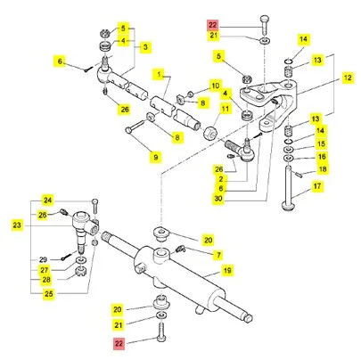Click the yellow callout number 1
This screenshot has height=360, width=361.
tap(159, 74)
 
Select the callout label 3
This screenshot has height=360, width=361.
tap(145, 46)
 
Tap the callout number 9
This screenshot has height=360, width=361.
tap(156, 157)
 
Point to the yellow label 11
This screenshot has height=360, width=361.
tap(226, 109)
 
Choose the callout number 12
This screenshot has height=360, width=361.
tap(348, 78)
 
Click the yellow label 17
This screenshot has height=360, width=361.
tap(317, 186)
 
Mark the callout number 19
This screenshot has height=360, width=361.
tap(227, 270)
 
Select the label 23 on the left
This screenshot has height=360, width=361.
tap(17, 225)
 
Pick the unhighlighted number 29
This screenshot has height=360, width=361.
tap(44, 259)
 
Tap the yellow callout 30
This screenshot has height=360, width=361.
tap(218, 199)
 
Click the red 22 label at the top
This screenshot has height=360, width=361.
tap(213, 25)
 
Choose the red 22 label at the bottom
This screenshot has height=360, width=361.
tap(119, 344)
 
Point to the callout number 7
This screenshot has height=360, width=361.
tap(219, 255)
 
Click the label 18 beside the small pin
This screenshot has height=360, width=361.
tap(323, 169)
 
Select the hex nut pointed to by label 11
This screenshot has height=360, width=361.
tap(210, 132)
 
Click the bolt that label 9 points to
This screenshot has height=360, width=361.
tap(135, 126)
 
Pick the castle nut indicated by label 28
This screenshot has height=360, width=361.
tap(80, 271)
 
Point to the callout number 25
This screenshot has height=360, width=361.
tap(49, 294)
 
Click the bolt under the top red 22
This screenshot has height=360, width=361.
tap(265, 25)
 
